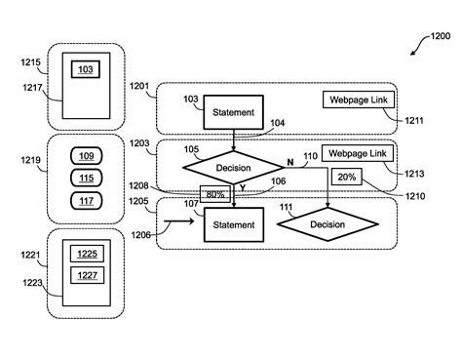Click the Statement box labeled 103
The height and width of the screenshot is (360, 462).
(234, 112)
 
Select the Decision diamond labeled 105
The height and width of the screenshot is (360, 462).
(234, 167)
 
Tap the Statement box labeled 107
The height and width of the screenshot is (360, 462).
(234, 224)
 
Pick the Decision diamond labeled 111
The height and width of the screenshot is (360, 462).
(327, 224)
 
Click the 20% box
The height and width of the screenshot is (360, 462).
(346, 177)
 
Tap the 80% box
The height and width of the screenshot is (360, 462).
(213, 194)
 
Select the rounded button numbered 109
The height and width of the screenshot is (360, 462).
(85, 156)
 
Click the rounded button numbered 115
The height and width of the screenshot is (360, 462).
(85, 178)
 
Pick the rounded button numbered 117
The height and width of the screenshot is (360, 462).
(85, 200)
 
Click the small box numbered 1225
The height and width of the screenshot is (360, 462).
(86, 254)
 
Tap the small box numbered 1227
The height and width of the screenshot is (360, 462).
(86, 275)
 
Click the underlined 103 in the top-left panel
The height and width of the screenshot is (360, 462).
(86, 71)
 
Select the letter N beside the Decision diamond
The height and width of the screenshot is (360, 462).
(289, 159)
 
